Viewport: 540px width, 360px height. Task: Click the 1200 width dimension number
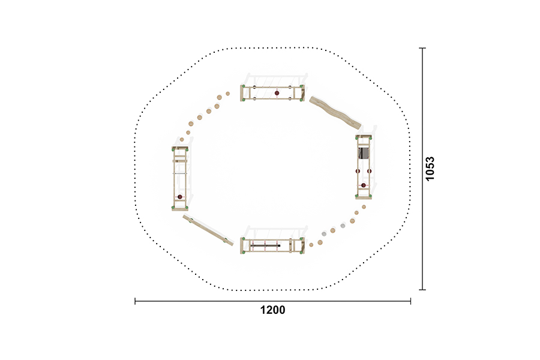coord(272,310)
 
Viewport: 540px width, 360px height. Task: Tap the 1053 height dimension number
coord(430,169)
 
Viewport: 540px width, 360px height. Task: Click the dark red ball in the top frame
coord(277,93)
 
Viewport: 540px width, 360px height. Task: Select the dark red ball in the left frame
coord(180,197)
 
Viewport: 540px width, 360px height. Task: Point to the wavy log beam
coord(335,112)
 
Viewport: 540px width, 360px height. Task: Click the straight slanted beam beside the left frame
coord(208,230)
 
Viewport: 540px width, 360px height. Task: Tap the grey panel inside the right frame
coord(364,152)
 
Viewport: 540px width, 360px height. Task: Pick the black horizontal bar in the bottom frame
coord(265,245)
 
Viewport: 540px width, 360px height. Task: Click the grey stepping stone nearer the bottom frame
coord(324,234)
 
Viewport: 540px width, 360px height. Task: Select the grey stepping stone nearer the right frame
coord(343,226)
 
